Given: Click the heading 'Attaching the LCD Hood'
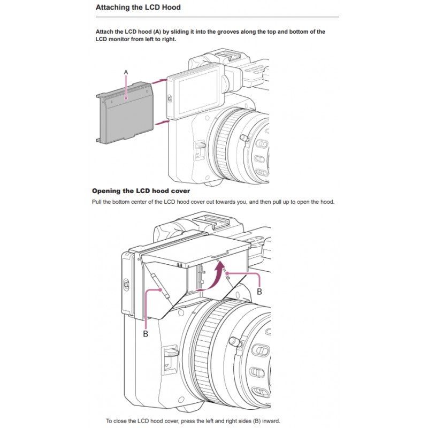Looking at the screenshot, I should [137, 7].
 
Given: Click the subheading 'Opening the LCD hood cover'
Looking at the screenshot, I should [141, 191].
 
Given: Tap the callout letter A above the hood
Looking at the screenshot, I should [126, 72].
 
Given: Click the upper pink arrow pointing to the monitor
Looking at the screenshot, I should [159, 81].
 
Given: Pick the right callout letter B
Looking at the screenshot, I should [259, 292].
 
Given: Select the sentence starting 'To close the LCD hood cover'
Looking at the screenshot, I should [193, 420].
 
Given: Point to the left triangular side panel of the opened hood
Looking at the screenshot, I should [158, 289].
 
